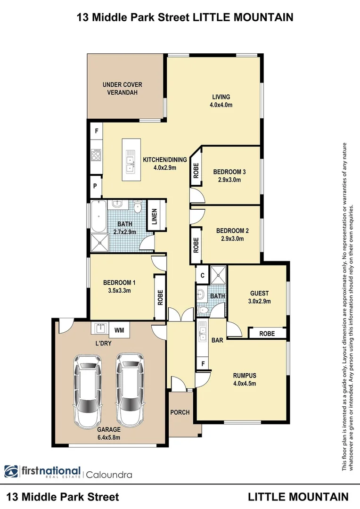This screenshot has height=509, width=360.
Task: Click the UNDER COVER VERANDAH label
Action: click(123, 89)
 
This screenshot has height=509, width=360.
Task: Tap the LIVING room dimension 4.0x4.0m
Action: click(221, 105)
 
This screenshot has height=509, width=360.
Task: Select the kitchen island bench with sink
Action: click(130, 159)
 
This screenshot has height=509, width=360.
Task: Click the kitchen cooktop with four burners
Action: click(96, 156)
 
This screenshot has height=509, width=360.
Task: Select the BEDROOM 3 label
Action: click(229, 172)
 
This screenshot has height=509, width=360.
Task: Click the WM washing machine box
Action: click(119, 330)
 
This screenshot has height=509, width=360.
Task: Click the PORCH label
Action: click(180, 412)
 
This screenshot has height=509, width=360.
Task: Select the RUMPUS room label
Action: click(245, 376)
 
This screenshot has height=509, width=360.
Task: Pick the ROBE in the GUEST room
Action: click(267, 333)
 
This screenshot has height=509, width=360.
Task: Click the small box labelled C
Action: click(202, 275)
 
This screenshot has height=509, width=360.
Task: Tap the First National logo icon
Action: click(11, 472)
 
